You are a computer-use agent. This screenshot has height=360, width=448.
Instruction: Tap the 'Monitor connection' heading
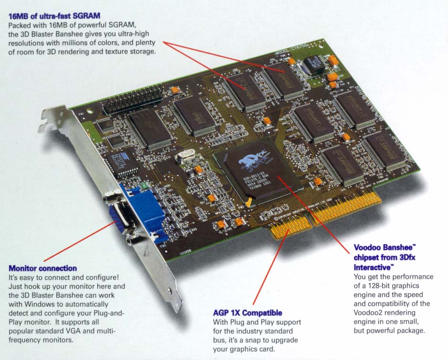click(42, 268)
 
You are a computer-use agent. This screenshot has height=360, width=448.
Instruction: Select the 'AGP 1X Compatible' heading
click(247, 313)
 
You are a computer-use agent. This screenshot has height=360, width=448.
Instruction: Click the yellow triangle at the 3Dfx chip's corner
click(249, 203)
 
